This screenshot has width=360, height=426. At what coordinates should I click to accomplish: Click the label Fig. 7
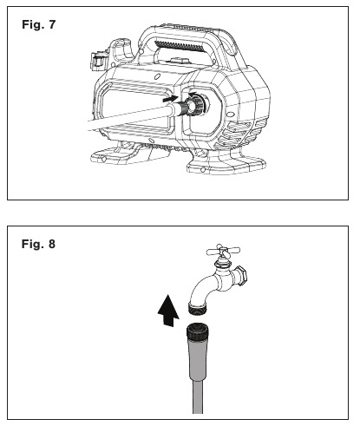coord(38,24)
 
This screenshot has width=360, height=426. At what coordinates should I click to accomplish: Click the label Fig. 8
coord(38,244)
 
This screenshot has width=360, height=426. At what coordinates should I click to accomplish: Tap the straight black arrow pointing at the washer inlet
coord(171,99)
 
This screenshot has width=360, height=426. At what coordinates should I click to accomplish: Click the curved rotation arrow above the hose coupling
coord(193,95)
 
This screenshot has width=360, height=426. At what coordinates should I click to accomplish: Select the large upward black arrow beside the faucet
coord(168,311)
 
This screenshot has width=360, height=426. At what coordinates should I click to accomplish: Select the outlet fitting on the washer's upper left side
coord(97,62)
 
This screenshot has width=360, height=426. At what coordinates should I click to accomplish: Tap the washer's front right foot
coord(226,164)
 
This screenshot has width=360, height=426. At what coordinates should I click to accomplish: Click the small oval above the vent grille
coord(231,115)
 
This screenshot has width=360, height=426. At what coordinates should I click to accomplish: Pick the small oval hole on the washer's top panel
coord(158,76)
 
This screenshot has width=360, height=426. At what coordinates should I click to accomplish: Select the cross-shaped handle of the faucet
coord(223,250)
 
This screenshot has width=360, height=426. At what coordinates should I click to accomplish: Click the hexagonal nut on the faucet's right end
coord(241,276)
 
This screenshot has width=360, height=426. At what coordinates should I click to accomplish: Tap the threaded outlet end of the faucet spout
coord(197,308)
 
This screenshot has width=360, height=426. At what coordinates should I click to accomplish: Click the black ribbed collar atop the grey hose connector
coord(198,331)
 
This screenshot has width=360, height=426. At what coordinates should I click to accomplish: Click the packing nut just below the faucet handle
coord(222,263)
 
